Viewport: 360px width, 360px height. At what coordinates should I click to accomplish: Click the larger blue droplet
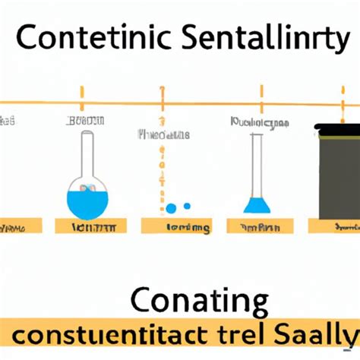[172, 208]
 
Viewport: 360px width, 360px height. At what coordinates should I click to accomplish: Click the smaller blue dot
[188, 206]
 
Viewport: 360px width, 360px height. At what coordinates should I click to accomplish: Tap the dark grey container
[338, 175]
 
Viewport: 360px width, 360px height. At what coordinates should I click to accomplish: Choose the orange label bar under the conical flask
[259, 226]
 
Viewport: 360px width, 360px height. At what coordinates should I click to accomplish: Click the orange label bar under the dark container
[335, 226]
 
